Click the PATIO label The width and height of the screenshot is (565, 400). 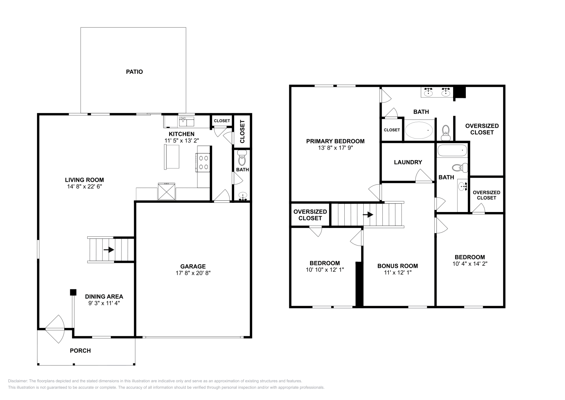coord(134,72)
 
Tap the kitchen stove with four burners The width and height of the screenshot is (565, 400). coord(203,163)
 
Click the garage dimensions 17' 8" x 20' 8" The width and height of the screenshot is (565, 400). coord(193,273)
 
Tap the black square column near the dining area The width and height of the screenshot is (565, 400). coord(73,292)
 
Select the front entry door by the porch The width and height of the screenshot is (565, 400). coord(55,329)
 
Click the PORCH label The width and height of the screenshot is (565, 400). coord(80,351)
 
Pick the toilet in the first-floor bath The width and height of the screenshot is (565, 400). coord(242,159)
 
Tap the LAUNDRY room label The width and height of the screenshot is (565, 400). coord(408,162)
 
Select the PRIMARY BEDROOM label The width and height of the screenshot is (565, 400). coord(335,141)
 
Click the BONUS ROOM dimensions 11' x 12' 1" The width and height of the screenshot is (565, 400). coord(397,272)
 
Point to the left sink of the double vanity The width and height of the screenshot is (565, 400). coord(428,93)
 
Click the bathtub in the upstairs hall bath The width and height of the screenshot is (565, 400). coord(452,151)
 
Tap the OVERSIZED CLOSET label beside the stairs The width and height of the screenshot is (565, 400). coord(310,215)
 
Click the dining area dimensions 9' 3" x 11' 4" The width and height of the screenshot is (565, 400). coord(104,303)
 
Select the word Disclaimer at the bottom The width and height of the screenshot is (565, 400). coord(17,381)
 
